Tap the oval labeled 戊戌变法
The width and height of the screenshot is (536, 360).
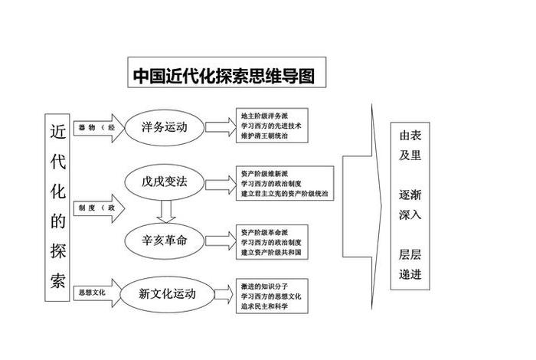(x=165, y=182)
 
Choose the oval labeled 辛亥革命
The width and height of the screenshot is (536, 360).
(x=165, y=239)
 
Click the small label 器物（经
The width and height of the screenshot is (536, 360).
(x=96, y=127)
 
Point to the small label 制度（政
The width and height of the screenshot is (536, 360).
(x=96, y=208)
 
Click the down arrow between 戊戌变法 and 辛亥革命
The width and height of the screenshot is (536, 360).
(x=165, y=210)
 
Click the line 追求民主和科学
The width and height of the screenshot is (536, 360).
(x=268, y=306)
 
